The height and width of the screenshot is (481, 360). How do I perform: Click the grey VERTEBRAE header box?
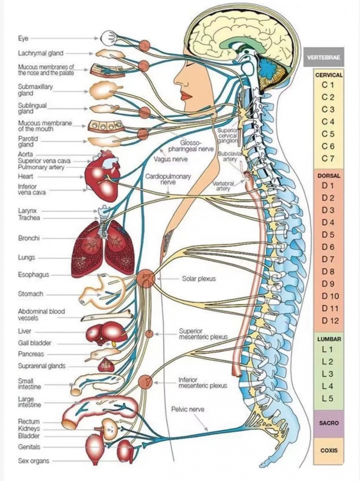pyautogui.click(x=323, y=58)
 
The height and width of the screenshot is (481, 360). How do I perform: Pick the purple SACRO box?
pyautogui.click(x=329, y=423)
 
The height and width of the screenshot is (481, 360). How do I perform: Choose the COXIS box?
pyautogui.click(x=329, y=450)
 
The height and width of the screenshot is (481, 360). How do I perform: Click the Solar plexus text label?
pyautogui.click(x=199, y=279)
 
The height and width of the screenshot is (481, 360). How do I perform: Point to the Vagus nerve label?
pyautogui.click(x=171, y=159)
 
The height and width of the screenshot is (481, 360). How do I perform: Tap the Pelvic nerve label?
pyautogui.click(x=188, y=409)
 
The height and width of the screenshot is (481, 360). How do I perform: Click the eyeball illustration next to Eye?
pyautogui.click(x=109, y=37)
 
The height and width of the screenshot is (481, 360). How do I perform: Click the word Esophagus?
pyautogui.click(x=33, y=275)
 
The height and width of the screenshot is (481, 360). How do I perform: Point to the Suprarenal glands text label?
pyautogui.click(x=41, y=366)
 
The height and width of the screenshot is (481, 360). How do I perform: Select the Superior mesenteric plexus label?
pyautogui.click(x=203, y=334)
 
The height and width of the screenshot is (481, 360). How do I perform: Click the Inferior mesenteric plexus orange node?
pyautogui.click(x=145, y=380)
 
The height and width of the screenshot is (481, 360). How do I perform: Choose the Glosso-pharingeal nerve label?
pyautogui.click(x=191, y=146)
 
